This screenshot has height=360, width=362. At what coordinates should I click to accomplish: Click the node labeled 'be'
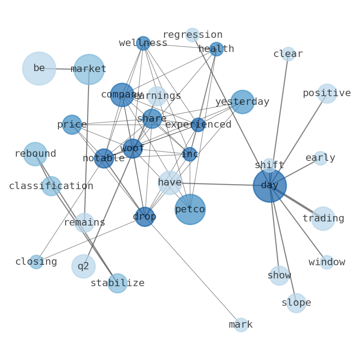pyautogui.click(x=39, y=68)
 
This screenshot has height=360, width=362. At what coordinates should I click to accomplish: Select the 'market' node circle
pyautogui.click(x=89, y=69)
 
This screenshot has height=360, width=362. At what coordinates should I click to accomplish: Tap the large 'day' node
pyautogui.click(x=269, y=185)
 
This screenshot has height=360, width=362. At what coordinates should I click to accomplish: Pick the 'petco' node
pyautogui.click(x=190, y=209)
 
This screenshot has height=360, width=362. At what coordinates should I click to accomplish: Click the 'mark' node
pyautogui.click(x=241, y=325)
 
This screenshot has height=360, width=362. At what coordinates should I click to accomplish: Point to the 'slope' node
pyautogui.click(x=296, y=303)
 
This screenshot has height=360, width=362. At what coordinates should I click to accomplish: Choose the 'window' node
pyautogui.click(x=327, y=262)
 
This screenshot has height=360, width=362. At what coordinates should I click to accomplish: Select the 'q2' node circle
pyautogui.click(x=83, y=266)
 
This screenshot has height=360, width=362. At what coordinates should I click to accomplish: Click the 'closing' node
pyautogui.click(x=36, y=262)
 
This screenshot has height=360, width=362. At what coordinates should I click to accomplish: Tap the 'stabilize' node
pyautogui.click(x=118, y=283)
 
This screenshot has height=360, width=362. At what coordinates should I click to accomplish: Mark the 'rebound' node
pyautogui.click(x=35, y=154)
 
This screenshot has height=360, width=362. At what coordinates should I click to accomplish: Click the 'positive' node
pyautogui.click(x=327, y=93)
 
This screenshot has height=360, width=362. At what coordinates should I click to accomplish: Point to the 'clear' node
pyautogui.click(x=288, y=54)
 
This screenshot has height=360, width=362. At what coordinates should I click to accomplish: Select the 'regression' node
pyautogui.click(x=192, y=35)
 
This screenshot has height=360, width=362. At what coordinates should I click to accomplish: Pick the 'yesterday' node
pyautogui.click(x=243, y=102)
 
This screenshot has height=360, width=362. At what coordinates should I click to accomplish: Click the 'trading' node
pyautogui.click(x=323, y=219)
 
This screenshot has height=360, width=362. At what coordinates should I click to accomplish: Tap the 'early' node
pyautogui.click(x=321, y=158)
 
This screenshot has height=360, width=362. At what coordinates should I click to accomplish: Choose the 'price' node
pyautogui.click(x=72, y=124)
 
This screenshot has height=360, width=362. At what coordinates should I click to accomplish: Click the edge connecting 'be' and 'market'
pyautogui.click(x=64, y=69)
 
